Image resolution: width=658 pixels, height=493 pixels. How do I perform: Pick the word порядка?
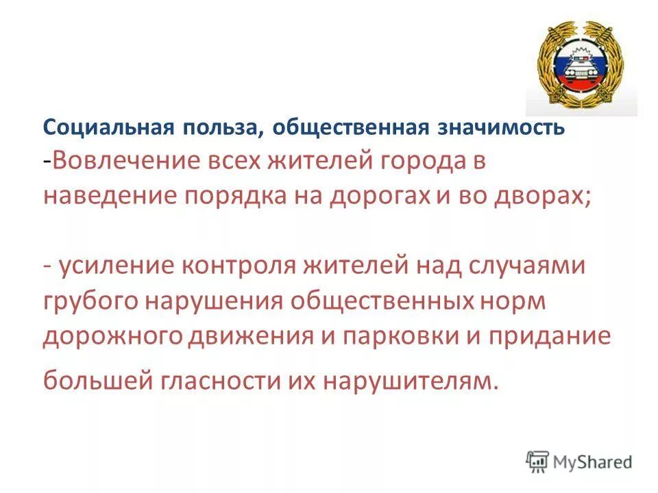click(x=232, y=198)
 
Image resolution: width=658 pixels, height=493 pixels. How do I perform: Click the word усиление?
click(x=116, y=266)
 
